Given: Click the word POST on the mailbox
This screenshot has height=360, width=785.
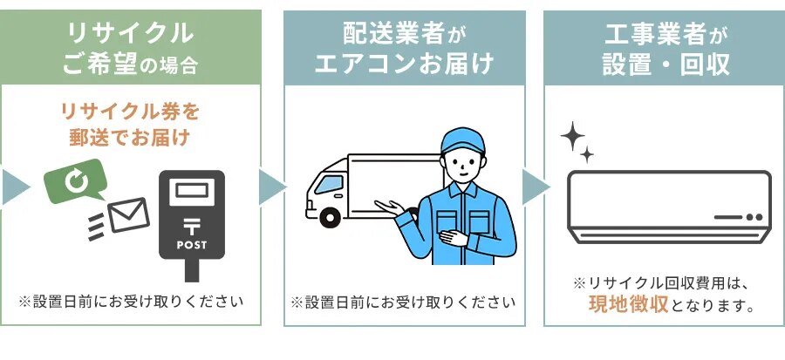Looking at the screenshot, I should pos(192,244).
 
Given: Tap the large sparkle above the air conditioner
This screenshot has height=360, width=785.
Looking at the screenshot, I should pos(573,136).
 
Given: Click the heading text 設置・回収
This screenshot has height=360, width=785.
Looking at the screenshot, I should pos(666,65).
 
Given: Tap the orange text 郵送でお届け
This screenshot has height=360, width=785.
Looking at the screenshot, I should pos(130,137).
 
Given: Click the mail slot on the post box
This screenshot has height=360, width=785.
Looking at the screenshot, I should pos(192,190).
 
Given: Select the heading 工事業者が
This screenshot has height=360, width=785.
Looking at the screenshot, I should pos(666,35).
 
